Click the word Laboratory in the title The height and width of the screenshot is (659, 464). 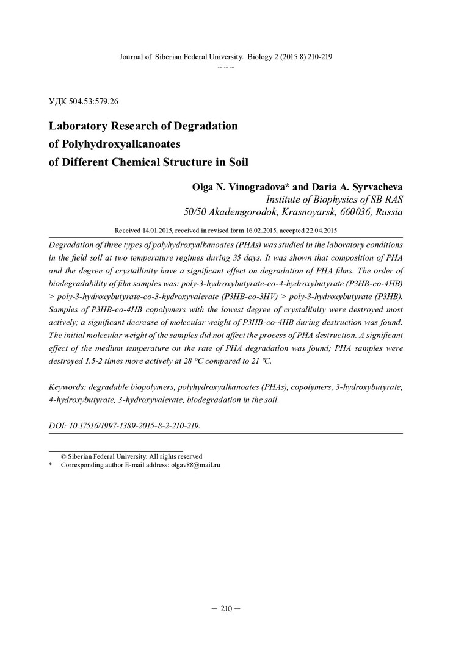click(x=83, y=127)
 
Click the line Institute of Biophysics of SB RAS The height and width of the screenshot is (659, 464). click(x=334, y=200)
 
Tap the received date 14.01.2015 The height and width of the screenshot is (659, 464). click(x=160, y=231)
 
